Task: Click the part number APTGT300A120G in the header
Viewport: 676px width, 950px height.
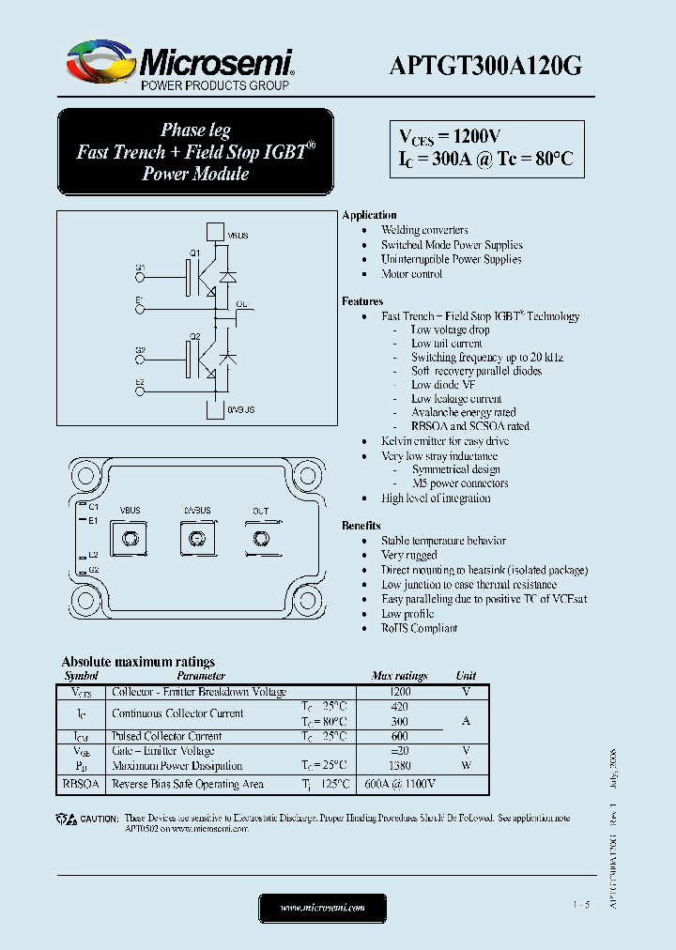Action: pyautogui.click(x=485, y=65)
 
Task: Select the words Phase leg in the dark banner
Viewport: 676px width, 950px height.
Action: pyautogui.click(x=195, y=130)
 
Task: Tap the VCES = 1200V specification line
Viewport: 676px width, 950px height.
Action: pyautogui.click(x=450, y=136)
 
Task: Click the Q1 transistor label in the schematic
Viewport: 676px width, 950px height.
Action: pyautogui.click(x=194, y=253)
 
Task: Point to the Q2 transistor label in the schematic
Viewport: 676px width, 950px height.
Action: pyautogui.click(x=194, y=336)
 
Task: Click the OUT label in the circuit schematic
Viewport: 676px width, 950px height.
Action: pyautogui.click(x=241, y=305)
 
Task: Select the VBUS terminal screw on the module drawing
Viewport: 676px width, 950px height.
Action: pyautogui.click(x=131, y=538)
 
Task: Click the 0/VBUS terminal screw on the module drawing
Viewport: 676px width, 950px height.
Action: pyautogui.click(x=196, y=538)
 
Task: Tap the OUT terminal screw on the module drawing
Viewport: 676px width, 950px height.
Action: pyautogui.click(x=260, y=538)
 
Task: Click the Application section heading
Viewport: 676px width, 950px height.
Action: pyautogui.click(x=370, y=215)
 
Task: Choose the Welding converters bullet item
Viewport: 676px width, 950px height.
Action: pyautogui.click(x=424, y=230)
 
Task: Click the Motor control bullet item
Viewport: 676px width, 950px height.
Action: pyautogui.click(x=411, y=274)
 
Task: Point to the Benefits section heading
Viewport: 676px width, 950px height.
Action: pyautogui.click(x=361, y=526)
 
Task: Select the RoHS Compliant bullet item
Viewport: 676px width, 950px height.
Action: pyautogui.click(x=419, y=628)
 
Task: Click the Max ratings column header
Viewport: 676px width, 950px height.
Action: pyautogui.click(x=399, y=676)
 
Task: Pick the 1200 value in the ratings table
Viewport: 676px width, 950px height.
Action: pyautogui.click(x=399, y=691)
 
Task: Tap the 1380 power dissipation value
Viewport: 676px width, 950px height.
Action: pyautogui.click(x=399, y=766)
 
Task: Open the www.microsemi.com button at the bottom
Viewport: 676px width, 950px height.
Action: pyautogui.click(x=322, y=908)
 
